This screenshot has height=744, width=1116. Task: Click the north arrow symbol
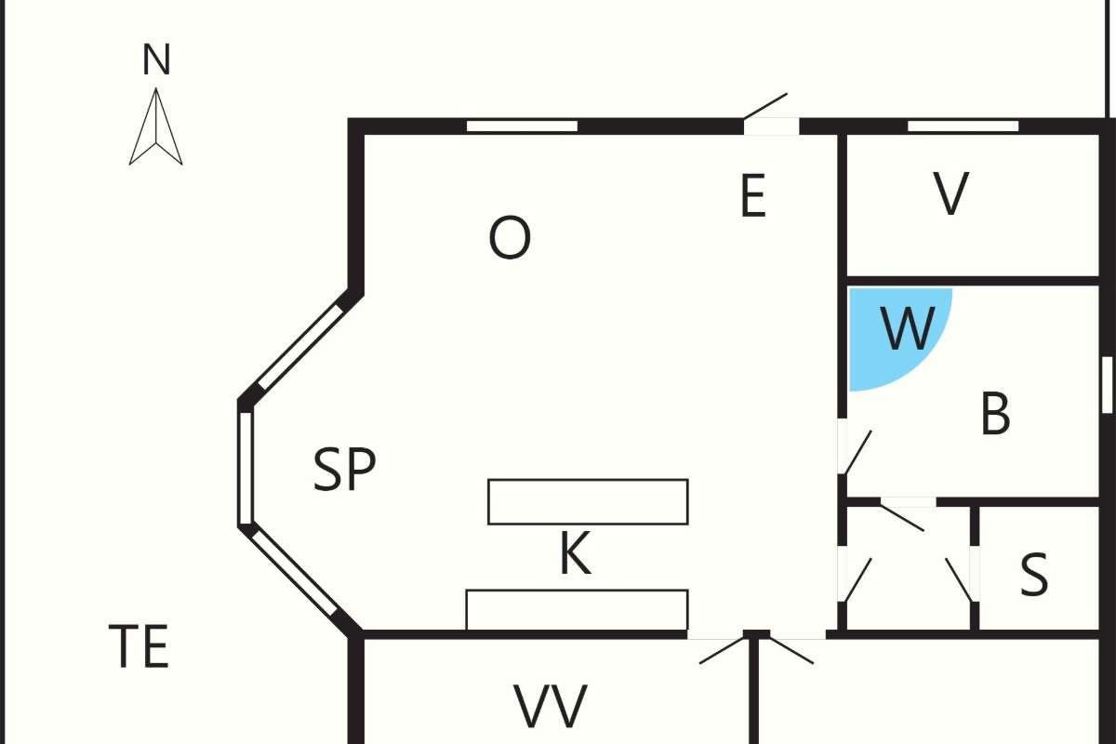(156, 126)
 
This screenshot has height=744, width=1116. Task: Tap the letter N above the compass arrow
(156, 60)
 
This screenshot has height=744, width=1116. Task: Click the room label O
(510, 237)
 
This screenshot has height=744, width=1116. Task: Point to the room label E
(752, 195)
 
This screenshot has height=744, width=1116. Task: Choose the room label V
(950, 193)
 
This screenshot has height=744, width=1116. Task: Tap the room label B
(995, 414)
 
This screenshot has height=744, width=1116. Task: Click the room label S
(1034, 574)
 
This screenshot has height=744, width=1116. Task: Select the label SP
(344, 470)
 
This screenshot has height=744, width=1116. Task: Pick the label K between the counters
(576, 553)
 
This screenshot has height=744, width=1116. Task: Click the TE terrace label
(139, 646)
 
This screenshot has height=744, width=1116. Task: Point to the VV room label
(551, 707)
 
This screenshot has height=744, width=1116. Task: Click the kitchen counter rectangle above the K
(588, 502)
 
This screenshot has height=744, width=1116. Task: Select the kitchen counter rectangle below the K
(577, 610)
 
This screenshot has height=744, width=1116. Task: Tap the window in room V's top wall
(963, 126)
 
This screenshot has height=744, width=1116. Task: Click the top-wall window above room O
(522, 126)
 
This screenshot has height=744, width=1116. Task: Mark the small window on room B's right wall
(1107, 385)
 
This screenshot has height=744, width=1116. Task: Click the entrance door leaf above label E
(765, 106)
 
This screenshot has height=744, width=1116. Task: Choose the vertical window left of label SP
(246, 468)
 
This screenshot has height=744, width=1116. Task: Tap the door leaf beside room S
(959, 579)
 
